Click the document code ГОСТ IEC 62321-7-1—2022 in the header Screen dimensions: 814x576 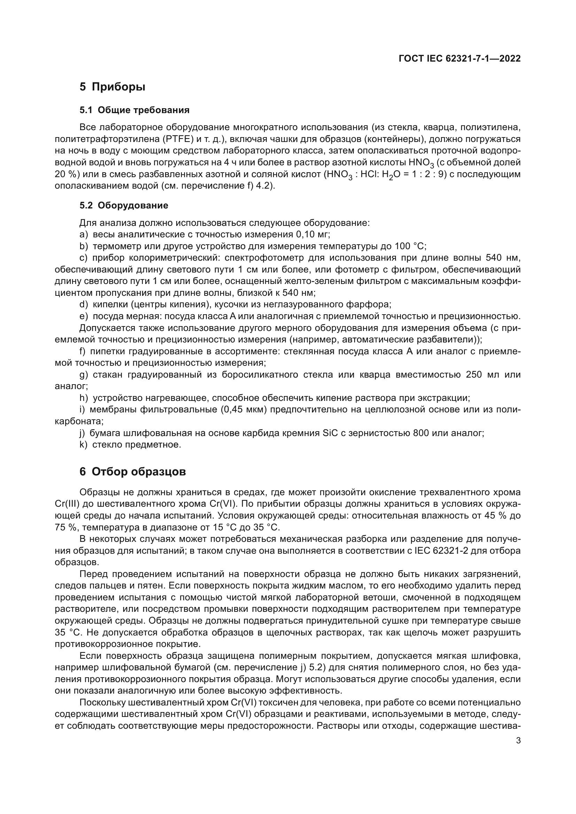[x=460, y=59]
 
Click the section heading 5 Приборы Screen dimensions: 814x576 [x=112, y=87]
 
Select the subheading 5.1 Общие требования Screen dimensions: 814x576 [x=134, y=110]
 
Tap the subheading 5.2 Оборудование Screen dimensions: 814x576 [x=124, y=206]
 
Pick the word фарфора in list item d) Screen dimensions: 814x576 [x=373, y=305]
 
